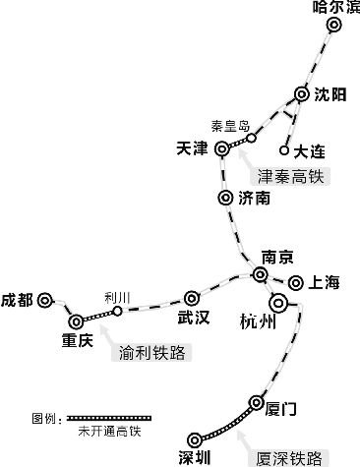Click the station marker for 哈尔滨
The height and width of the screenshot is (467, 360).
coord(334,29)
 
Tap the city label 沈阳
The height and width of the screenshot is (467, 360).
coord(330,95)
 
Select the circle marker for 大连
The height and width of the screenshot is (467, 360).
coord(284,151)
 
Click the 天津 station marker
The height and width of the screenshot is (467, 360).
coord(222,148)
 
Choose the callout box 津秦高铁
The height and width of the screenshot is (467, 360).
coord(290,177)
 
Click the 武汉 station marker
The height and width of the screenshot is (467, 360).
coord(192,297)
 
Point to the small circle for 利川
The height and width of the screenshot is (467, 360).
coord(118,311)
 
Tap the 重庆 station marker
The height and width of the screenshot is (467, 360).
coord(76,321)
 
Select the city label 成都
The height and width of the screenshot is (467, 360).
coord(17,300)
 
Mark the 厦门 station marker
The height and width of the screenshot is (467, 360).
coord(258,402)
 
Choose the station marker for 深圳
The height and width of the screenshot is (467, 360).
coord(197,439)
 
